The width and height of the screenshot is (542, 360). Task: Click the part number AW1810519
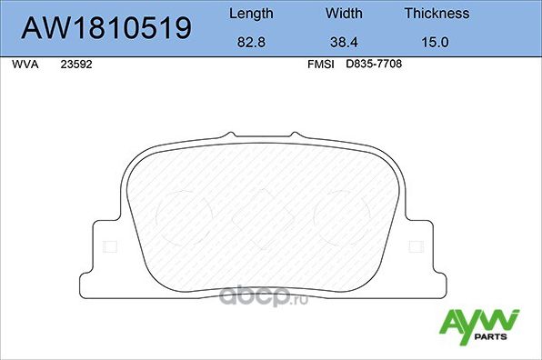106,28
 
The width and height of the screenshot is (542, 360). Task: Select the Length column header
249,14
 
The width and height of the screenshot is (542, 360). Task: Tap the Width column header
343,14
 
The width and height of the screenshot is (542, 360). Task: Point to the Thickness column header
437,14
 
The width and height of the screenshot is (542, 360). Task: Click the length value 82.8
249,42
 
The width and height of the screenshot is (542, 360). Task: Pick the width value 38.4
343,42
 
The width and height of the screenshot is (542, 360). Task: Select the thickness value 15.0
437,42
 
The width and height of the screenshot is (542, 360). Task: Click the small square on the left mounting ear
111,245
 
